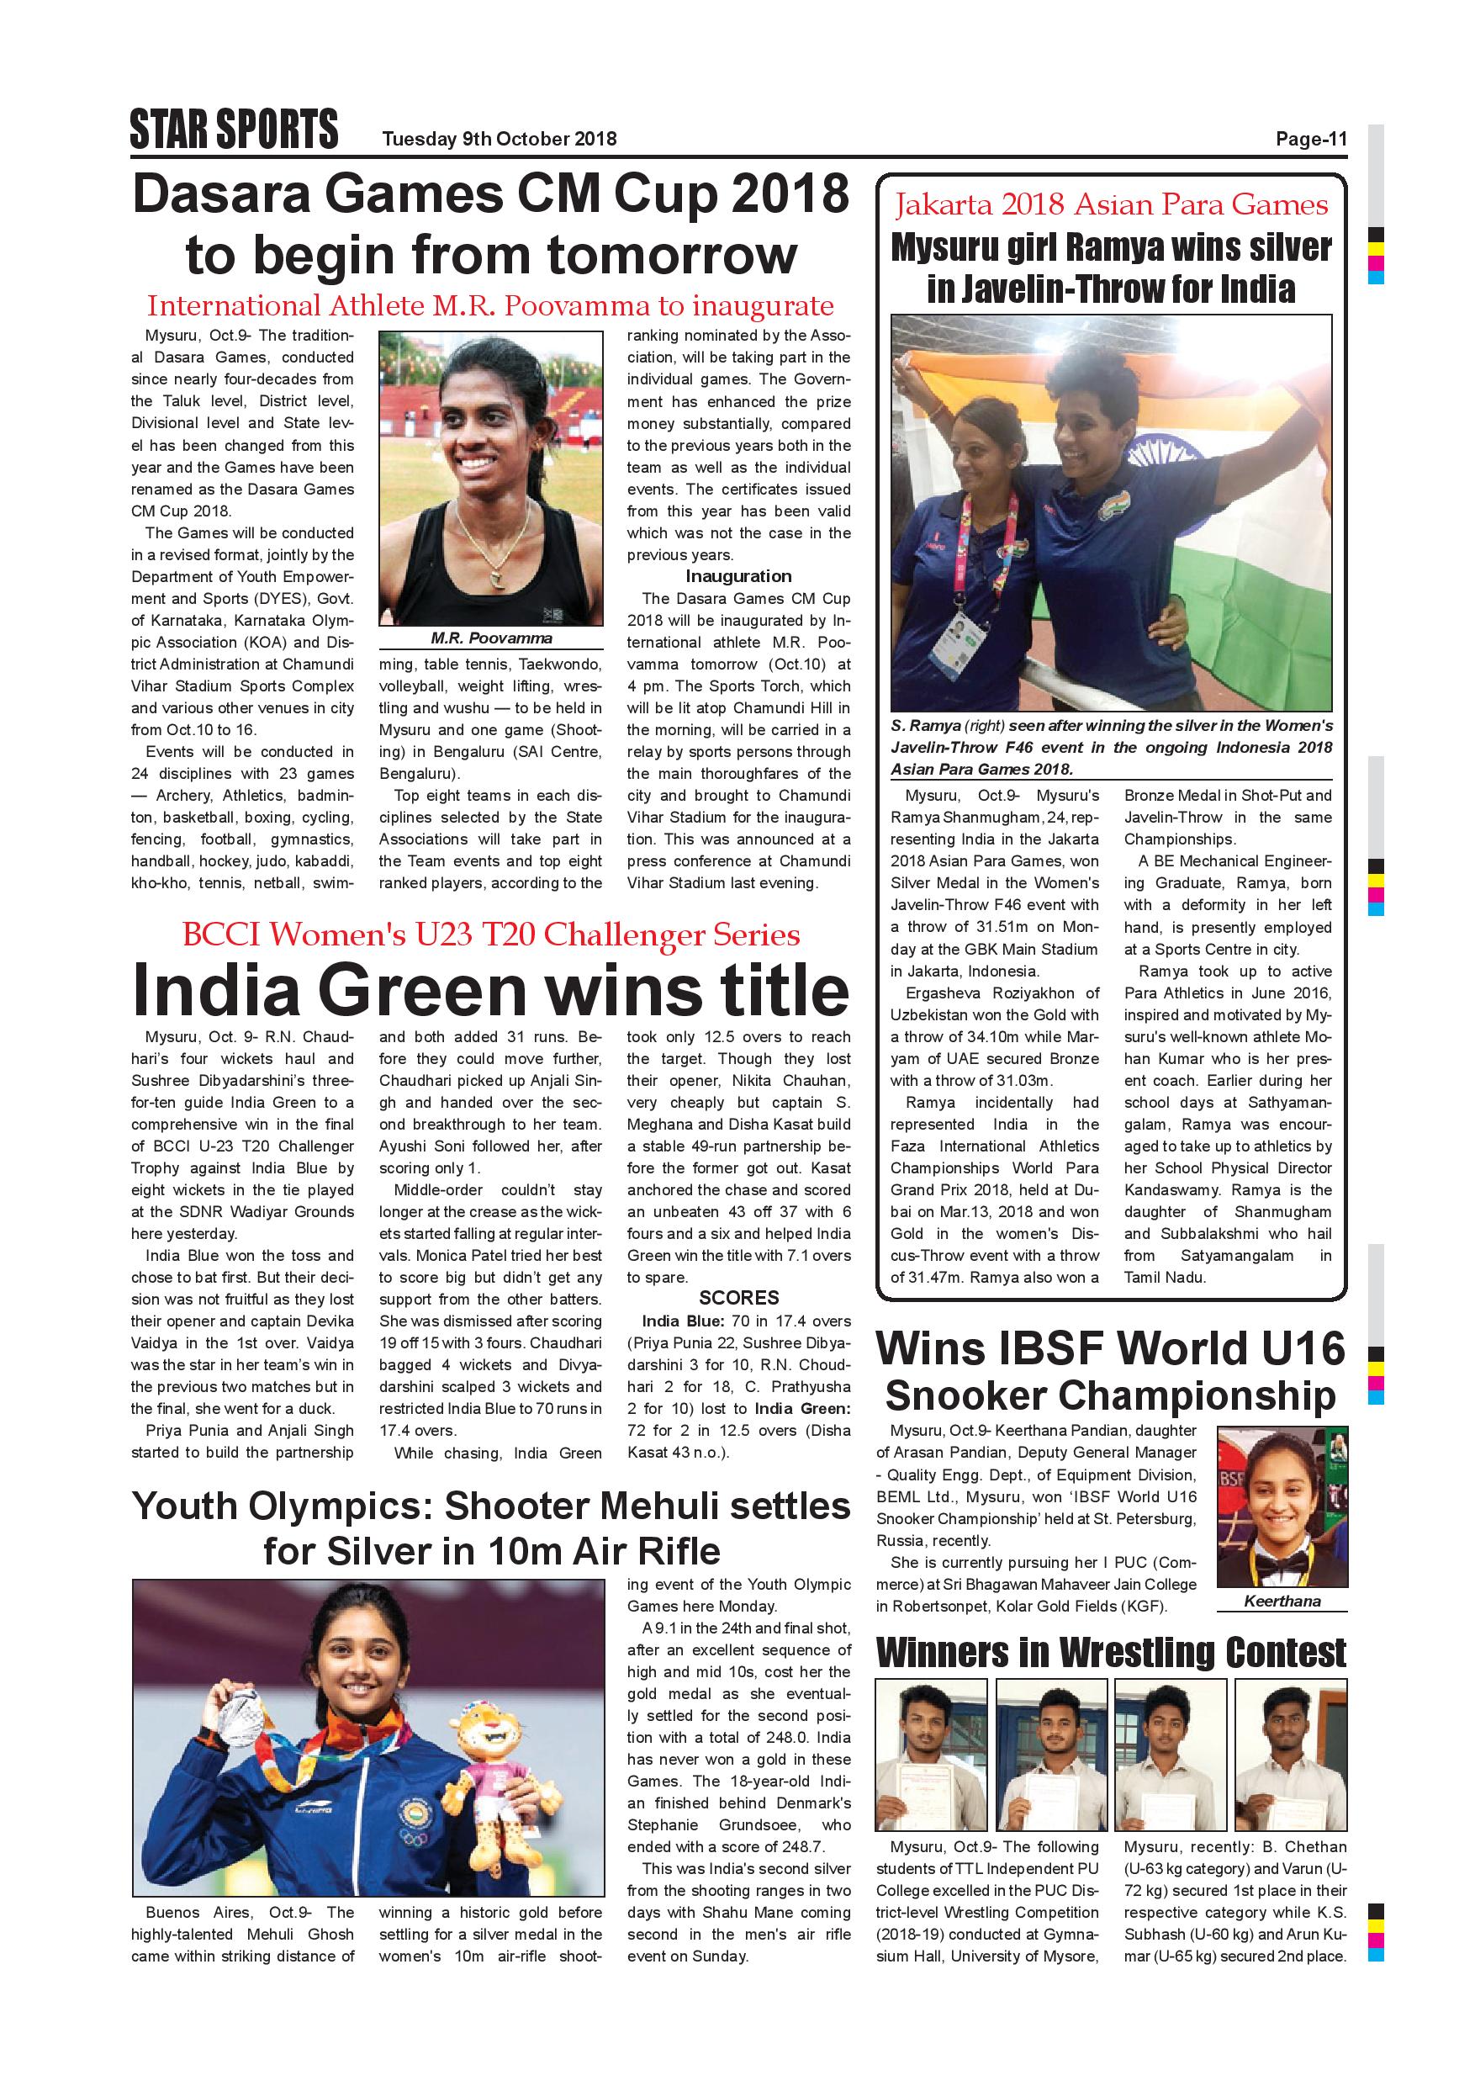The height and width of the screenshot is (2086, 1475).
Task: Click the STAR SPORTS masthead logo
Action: point(234,129)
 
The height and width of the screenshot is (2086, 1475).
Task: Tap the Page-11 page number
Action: point(1311,139)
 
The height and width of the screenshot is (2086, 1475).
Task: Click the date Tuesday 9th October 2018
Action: point(499,139)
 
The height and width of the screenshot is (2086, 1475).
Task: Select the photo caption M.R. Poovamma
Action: point(490,638)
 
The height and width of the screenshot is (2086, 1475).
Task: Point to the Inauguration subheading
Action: point(737,576)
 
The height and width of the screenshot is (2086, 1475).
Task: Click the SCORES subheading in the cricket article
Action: point(738,1297)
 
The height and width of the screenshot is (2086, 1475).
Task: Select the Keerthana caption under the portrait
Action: point(1282,1601)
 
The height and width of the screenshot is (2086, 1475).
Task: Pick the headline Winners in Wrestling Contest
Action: point(1111,1652)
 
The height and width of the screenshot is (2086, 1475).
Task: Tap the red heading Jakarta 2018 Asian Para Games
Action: point(1111,206)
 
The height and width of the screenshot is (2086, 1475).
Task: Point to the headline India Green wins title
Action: point(490,989)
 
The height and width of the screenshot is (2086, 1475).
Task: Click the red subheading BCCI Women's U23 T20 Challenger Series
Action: point(490,934)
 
